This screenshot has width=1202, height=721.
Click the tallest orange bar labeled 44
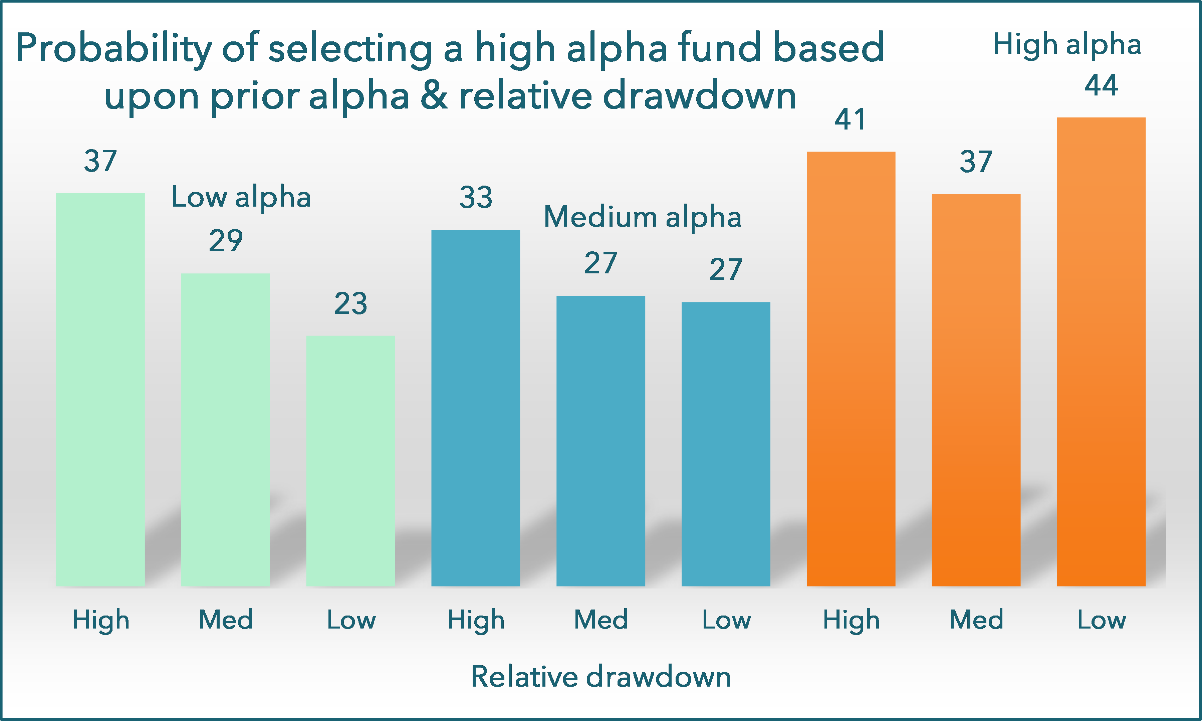[x=1101, y=352]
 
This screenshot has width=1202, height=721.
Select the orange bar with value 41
[x=851, y=369]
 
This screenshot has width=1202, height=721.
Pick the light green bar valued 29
[x=225, y=430]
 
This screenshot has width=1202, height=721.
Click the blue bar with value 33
[x=476, y=408]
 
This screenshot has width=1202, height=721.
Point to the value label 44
[x=1101, y=85]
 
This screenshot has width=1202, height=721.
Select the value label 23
[x=350, y=304]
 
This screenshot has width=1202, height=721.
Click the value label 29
[x=225, y=240]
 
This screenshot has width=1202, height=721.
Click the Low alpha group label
[x=241, y=197]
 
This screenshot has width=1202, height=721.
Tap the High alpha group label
[x=1067, y=45]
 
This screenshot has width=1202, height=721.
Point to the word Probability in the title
[x=114, y=49]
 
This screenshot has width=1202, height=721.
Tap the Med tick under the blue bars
[x=601, y=620]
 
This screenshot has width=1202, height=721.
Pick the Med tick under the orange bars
[x=976, y=620]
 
